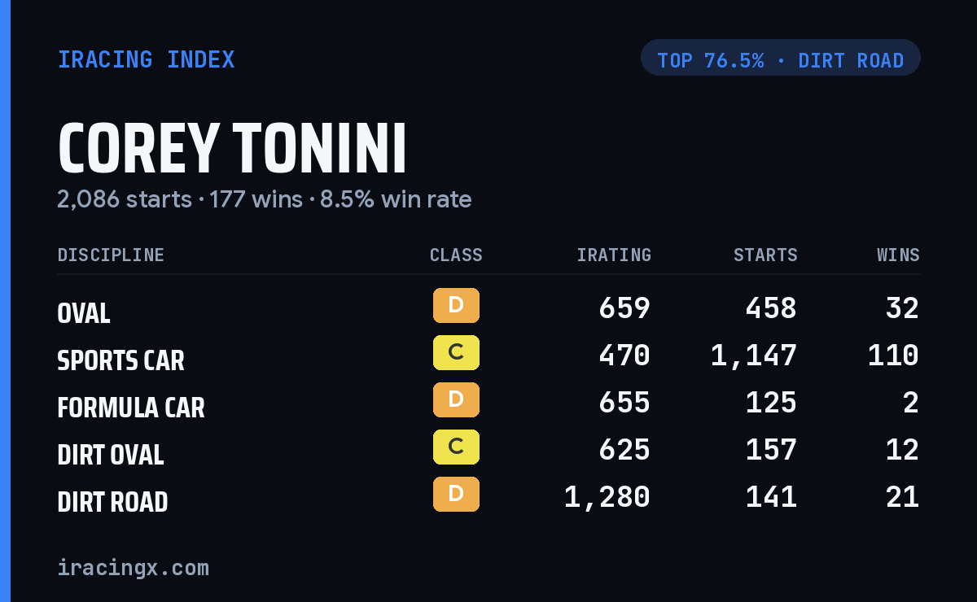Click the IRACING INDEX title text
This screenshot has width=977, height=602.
coord(146,59)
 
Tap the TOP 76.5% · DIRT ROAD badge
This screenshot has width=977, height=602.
coord(780,58)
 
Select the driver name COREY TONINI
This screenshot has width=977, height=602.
coord(232,148)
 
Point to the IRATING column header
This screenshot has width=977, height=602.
coord(614,255)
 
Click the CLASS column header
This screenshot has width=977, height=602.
coord(456,255)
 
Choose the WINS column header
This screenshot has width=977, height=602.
coord(899,255)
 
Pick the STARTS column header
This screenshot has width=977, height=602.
coord(765,255)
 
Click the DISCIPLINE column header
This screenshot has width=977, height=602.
coord(111,255)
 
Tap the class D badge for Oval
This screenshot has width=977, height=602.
coord(456,305)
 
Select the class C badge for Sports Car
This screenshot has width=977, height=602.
coord(456,352)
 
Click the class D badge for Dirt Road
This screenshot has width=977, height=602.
coord(456,495)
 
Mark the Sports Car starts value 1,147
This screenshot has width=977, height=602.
coord(754,356)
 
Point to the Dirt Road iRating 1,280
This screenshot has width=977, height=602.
coord(607,497)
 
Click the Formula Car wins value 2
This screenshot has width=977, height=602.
coord(911,403)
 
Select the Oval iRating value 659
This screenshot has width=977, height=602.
coord(624,308)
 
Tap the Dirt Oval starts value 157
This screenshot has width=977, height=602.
coord(771,450)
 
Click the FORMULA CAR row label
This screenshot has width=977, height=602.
coord(131,408)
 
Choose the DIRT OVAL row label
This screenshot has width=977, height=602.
coord(111,455)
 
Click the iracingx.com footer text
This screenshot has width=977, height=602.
coord(134,568)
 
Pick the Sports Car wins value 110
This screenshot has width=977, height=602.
coord(893,356)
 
